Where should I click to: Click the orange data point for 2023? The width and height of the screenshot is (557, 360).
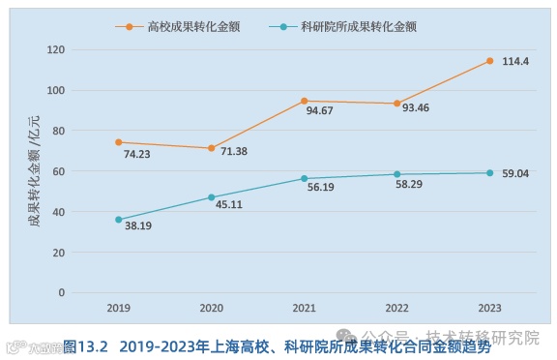click(489, 61)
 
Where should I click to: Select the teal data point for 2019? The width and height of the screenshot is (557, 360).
click(119, 220)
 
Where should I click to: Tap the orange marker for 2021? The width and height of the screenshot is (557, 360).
click(304, 101)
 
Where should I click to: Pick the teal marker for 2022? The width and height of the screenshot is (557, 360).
click(396, 174)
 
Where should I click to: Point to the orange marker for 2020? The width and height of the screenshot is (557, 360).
click(212, 148)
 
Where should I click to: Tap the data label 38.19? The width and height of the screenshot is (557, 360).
click(136, 226)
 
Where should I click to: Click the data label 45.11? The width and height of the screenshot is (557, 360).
click(230, 204)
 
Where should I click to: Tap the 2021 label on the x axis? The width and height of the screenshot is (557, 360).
click(304, 308)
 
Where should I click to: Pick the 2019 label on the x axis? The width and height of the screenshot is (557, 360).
click(119, 308)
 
